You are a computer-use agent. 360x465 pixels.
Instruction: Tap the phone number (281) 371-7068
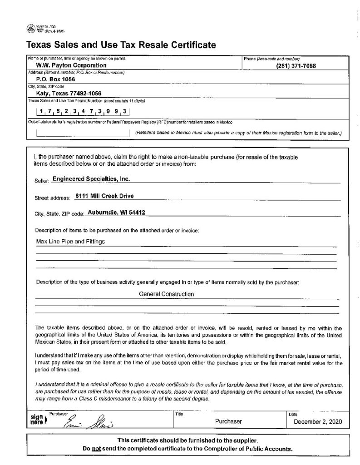click(296, 66)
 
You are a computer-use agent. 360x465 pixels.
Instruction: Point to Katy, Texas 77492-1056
click(69, 93)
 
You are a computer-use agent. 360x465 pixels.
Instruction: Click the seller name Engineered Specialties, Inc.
click(91, 179)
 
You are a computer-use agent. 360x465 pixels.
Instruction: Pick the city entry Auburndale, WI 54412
click(116, 213)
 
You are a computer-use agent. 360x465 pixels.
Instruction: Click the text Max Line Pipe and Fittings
click(70, 242)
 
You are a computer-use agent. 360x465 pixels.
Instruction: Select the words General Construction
click(167, 294)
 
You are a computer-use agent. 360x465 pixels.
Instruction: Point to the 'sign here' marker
click(37, 420)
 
